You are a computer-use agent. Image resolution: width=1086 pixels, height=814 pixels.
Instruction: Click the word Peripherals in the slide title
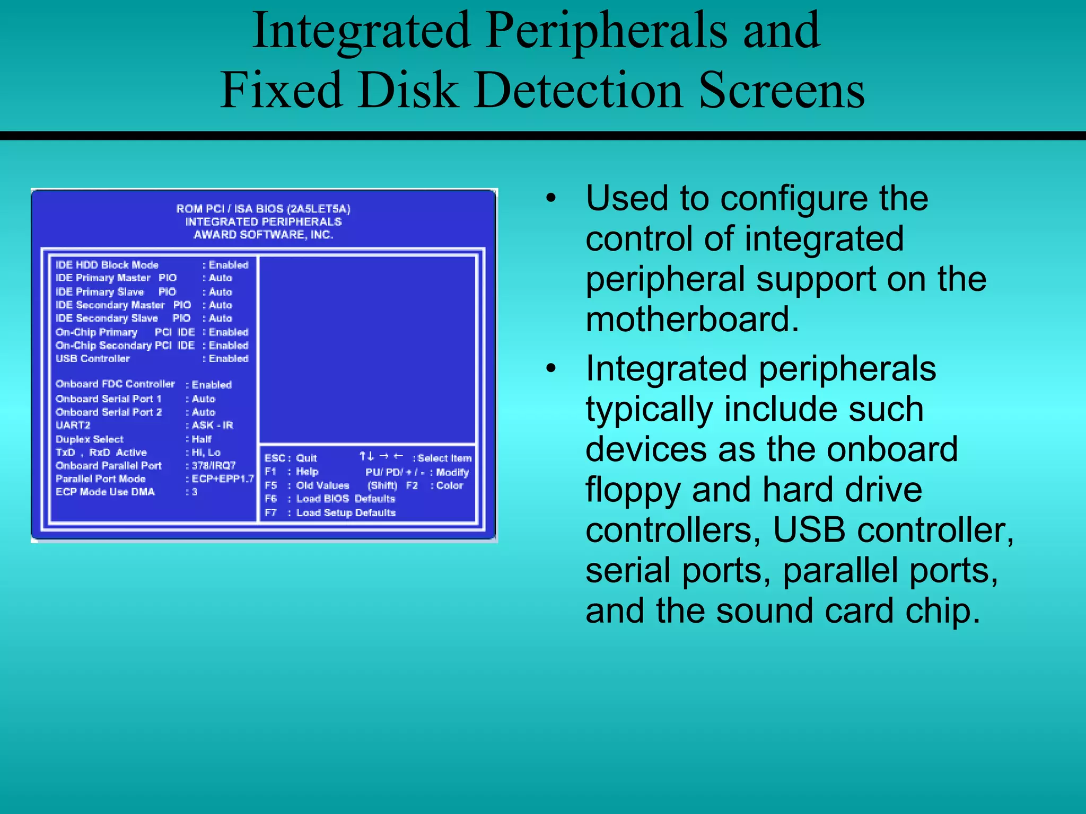pos(606,31)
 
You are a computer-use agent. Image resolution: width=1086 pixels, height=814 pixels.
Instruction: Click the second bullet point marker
pos(551,369)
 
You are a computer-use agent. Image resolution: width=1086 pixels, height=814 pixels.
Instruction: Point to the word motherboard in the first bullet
pos(691,320)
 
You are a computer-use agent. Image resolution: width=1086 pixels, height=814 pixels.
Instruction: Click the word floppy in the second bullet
pos(633,490)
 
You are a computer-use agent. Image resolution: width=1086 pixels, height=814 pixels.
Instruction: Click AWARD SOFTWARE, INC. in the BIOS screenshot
pos(264,235)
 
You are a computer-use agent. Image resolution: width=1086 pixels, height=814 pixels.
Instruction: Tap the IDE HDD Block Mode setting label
pos(107,265)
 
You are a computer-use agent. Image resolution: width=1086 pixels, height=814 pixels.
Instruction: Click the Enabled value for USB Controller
pos(228,359)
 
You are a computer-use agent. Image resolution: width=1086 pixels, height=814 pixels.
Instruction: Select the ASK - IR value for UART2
pos(212,426)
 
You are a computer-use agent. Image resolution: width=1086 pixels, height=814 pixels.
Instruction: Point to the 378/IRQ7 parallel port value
pos(213,466)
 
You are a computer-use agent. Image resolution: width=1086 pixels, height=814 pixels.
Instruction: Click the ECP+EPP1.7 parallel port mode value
pos(223,479)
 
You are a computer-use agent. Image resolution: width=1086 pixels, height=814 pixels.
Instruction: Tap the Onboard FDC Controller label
pos(115,384)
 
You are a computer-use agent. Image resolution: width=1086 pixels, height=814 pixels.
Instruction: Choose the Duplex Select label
pos(90,439)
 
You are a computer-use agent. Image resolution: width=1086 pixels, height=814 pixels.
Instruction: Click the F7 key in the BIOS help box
pos(270,513)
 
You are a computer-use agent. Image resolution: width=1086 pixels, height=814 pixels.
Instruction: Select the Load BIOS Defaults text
pos(345,499)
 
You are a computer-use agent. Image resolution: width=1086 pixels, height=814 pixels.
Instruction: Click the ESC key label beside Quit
pos(275,458)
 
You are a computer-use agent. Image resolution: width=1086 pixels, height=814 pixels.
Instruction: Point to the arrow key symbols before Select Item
pos(381,457)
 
